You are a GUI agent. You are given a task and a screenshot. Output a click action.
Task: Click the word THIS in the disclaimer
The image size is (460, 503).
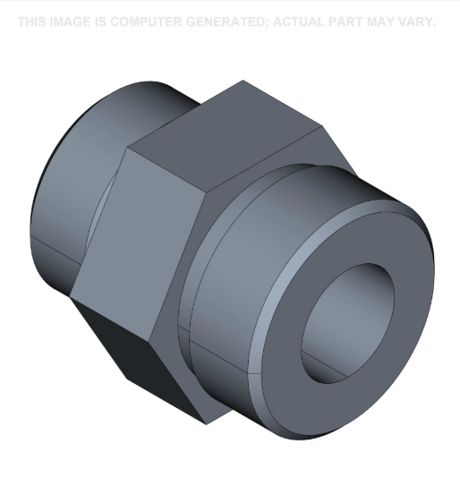(32, 21)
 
